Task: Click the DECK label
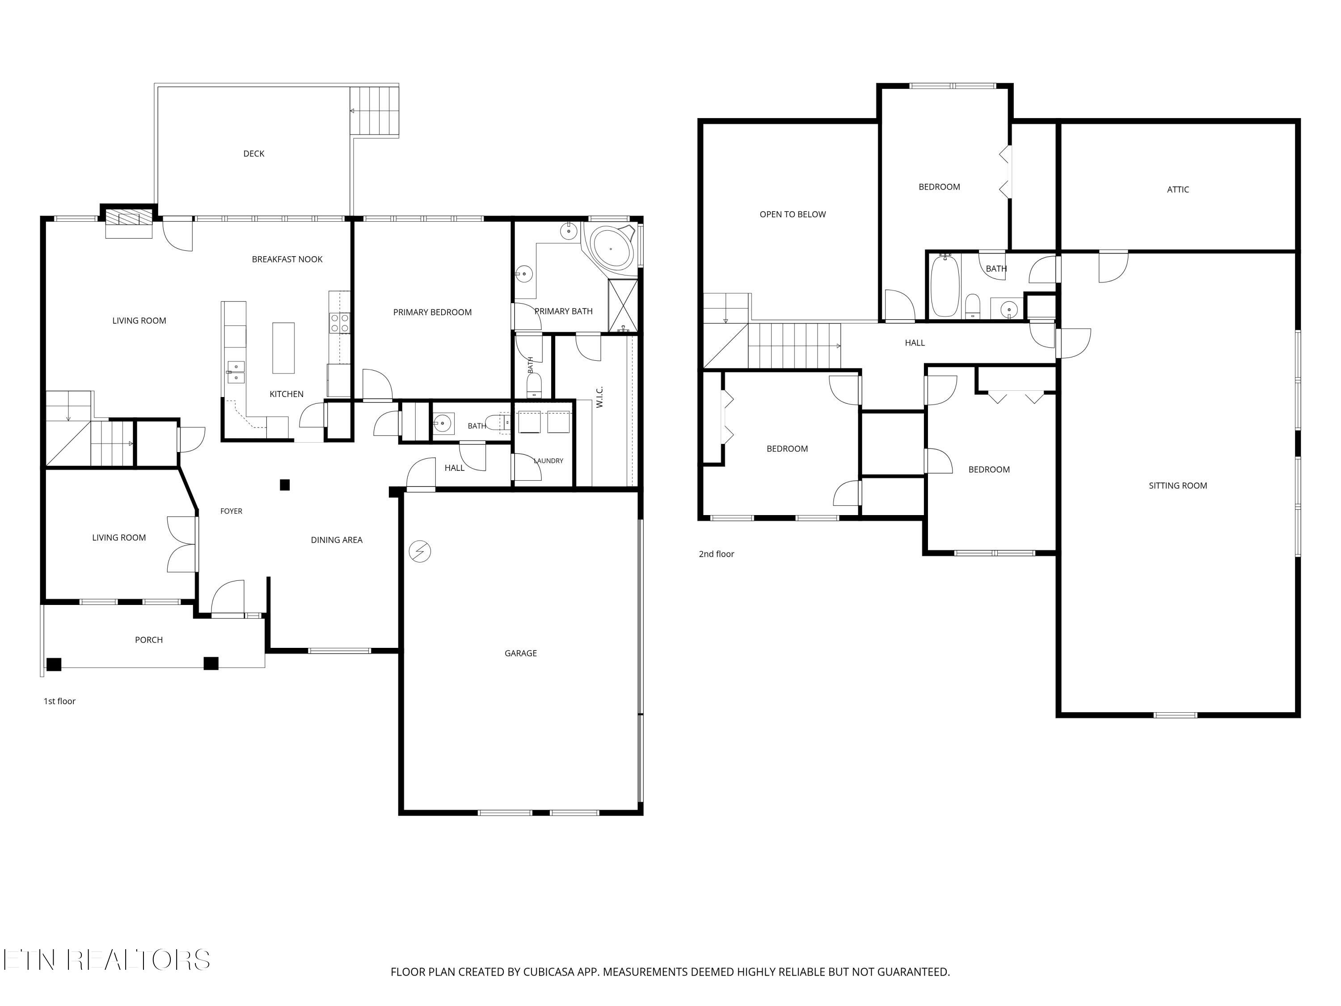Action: coord(253,153)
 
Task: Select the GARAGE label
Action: coord(520,653)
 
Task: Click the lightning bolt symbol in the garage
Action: coord(420,552)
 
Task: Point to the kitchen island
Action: coord(283,347)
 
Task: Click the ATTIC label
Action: coord(1177,189)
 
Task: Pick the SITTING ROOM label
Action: coord(1177,485)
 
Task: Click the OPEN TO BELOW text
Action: coord(793,214)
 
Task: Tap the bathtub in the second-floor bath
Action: coord(945,286)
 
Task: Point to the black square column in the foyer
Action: coord(284,485)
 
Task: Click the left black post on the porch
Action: coord(54,664)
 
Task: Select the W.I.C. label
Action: coord(599,397)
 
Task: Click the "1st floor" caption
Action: coord(59,701)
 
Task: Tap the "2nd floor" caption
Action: coord(716,554)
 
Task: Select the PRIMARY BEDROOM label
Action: coord(432,312)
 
